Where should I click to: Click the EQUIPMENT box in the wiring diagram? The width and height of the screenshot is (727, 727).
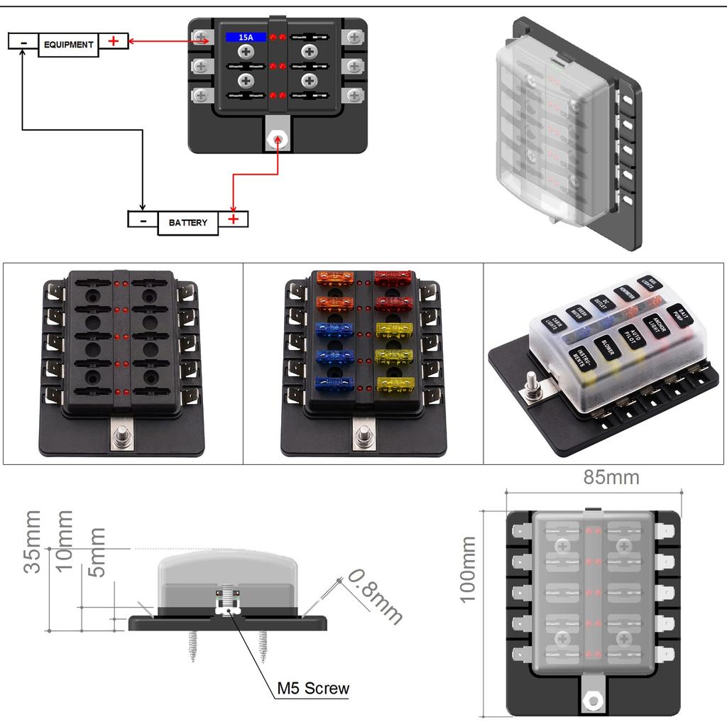click(68, 44)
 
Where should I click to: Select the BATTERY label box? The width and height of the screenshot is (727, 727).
click(188, 222)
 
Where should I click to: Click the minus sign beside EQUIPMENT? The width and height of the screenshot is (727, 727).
click(23, 43)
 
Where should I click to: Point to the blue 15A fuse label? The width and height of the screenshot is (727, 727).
click(246, 36)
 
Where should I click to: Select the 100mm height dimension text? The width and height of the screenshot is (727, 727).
click(467, 569)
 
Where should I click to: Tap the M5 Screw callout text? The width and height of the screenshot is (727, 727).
click(313, 687)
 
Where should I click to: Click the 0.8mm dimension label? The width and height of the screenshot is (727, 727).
click(375, 596)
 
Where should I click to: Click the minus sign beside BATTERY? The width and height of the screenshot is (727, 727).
click(143, 220)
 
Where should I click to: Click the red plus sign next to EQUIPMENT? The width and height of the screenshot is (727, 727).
click(113, 41)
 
